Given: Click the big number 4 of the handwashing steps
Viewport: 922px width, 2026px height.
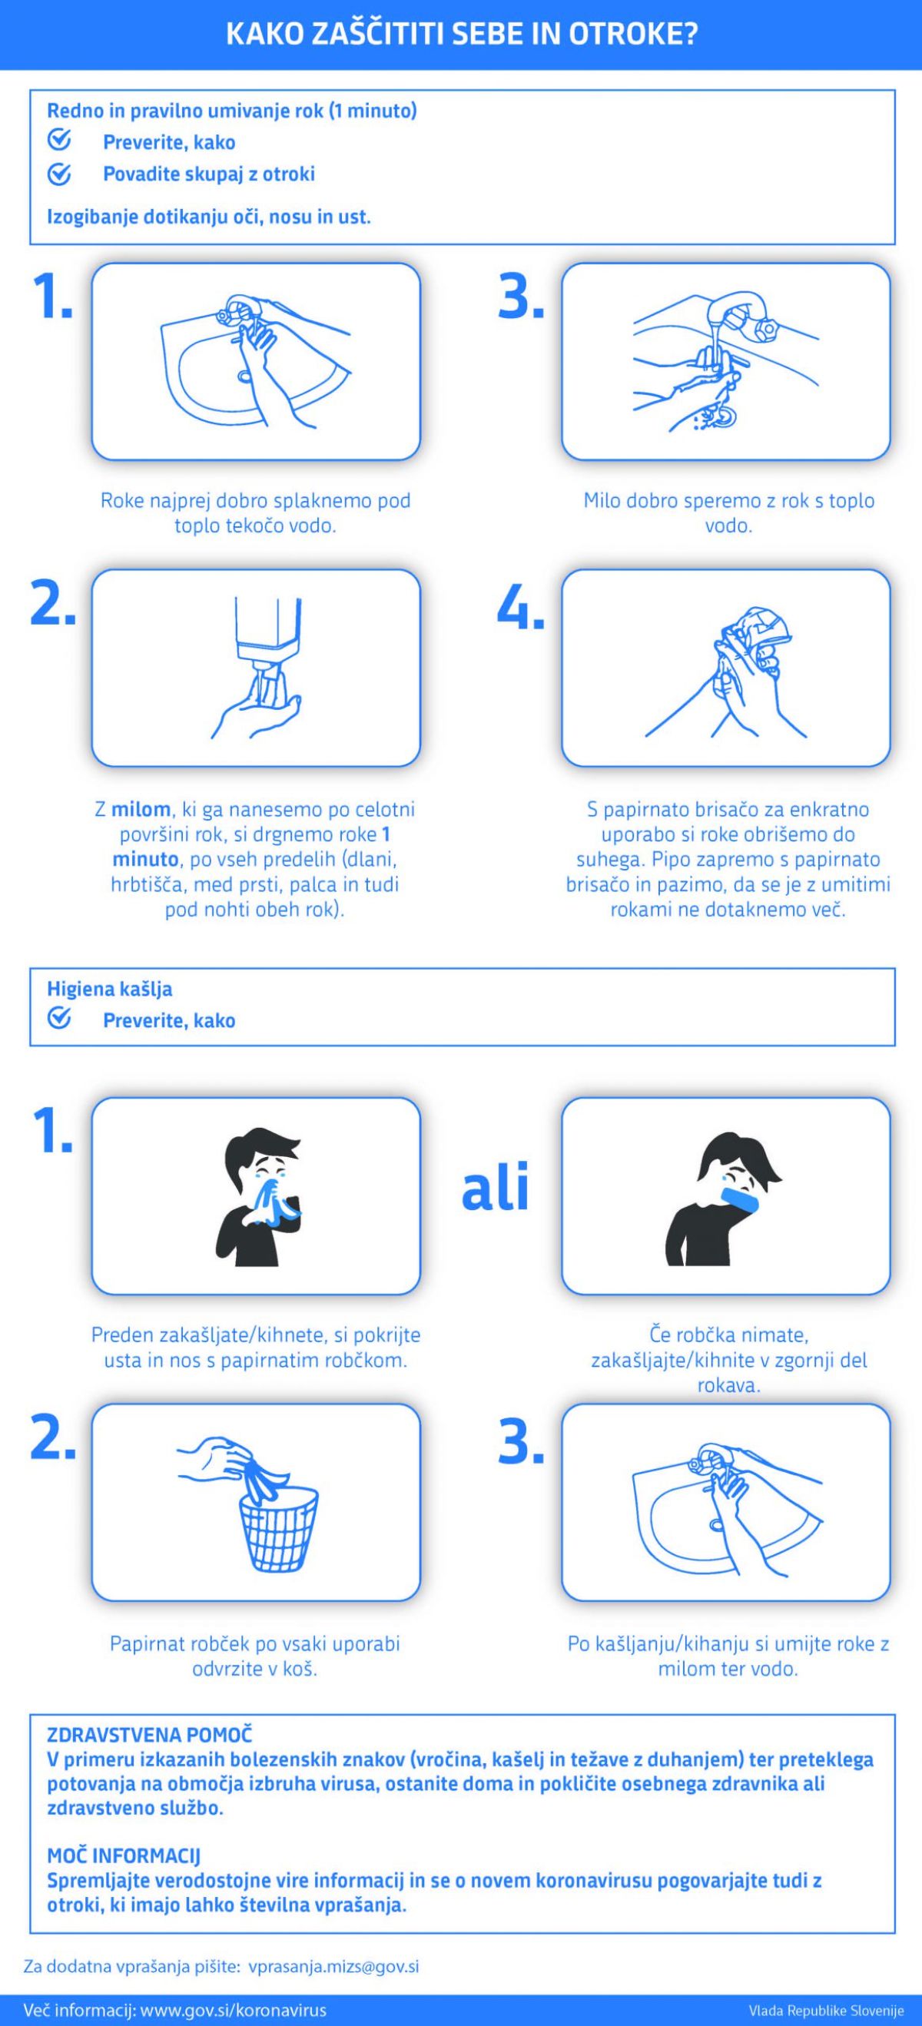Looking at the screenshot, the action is pos(520,607).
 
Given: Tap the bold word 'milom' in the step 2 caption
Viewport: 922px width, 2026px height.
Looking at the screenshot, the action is pos(141,808).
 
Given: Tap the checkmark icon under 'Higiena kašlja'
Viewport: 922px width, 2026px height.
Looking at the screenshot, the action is pos(60,1020).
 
